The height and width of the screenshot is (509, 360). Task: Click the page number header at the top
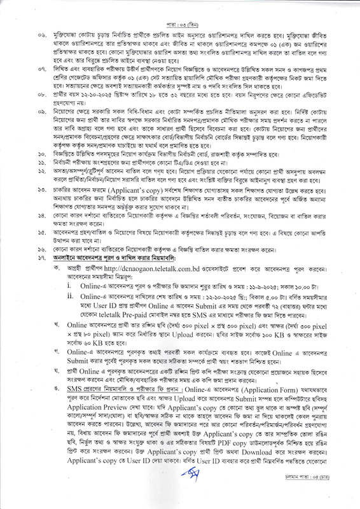tap(179, 11)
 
